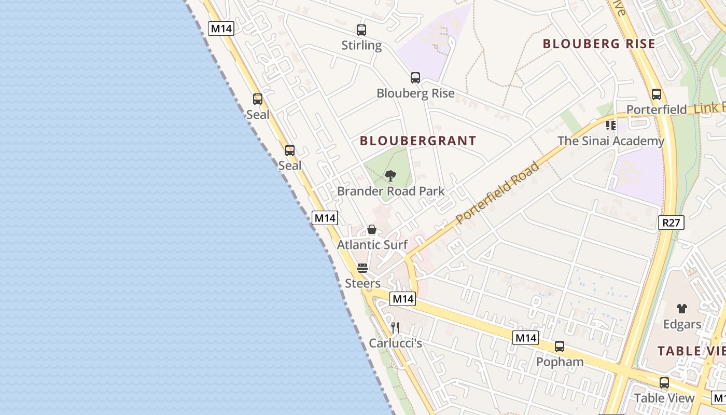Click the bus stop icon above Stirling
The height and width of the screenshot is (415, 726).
coord(361,30)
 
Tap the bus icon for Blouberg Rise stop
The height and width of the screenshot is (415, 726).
coord(415,78)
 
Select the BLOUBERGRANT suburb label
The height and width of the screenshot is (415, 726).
coord(418,141)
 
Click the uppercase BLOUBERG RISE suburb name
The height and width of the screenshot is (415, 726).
coord(599,44)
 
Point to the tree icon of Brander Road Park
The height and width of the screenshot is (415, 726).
coord(390,176)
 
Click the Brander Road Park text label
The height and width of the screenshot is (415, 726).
coord(390,191)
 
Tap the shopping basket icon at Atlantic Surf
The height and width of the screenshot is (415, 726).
coord(372,229)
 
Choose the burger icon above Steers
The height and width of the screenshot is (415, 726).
coord(362,269)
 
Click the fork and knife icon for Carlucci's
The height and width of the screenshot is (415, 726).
coord(395,328)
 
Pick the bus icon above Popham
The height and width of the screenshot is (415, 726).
coord(560,346)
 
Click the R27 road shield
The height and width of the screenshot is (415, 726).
coord(671,223)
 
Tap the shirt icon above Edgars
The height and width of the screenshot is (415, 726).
coord(682,309)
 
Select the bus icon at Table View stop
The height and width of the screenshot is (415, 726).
coord(664,383)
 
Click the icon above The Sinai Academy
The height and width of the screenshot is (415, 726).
coord(611,126)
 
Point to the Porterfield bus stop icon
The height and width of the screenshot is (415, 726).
coord(657,94)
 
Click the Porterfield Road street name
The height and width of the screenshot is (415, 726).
coord(498,193)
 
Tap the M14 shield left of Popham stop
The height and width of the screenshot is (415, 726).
coord(525,338)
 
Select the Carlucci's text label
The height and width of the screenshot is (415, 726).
coord(396,343)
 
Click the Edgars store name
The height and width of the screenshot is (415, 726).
coord(682,324)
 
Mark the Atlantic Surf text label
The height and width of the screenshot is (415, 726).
coord(372,244)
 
